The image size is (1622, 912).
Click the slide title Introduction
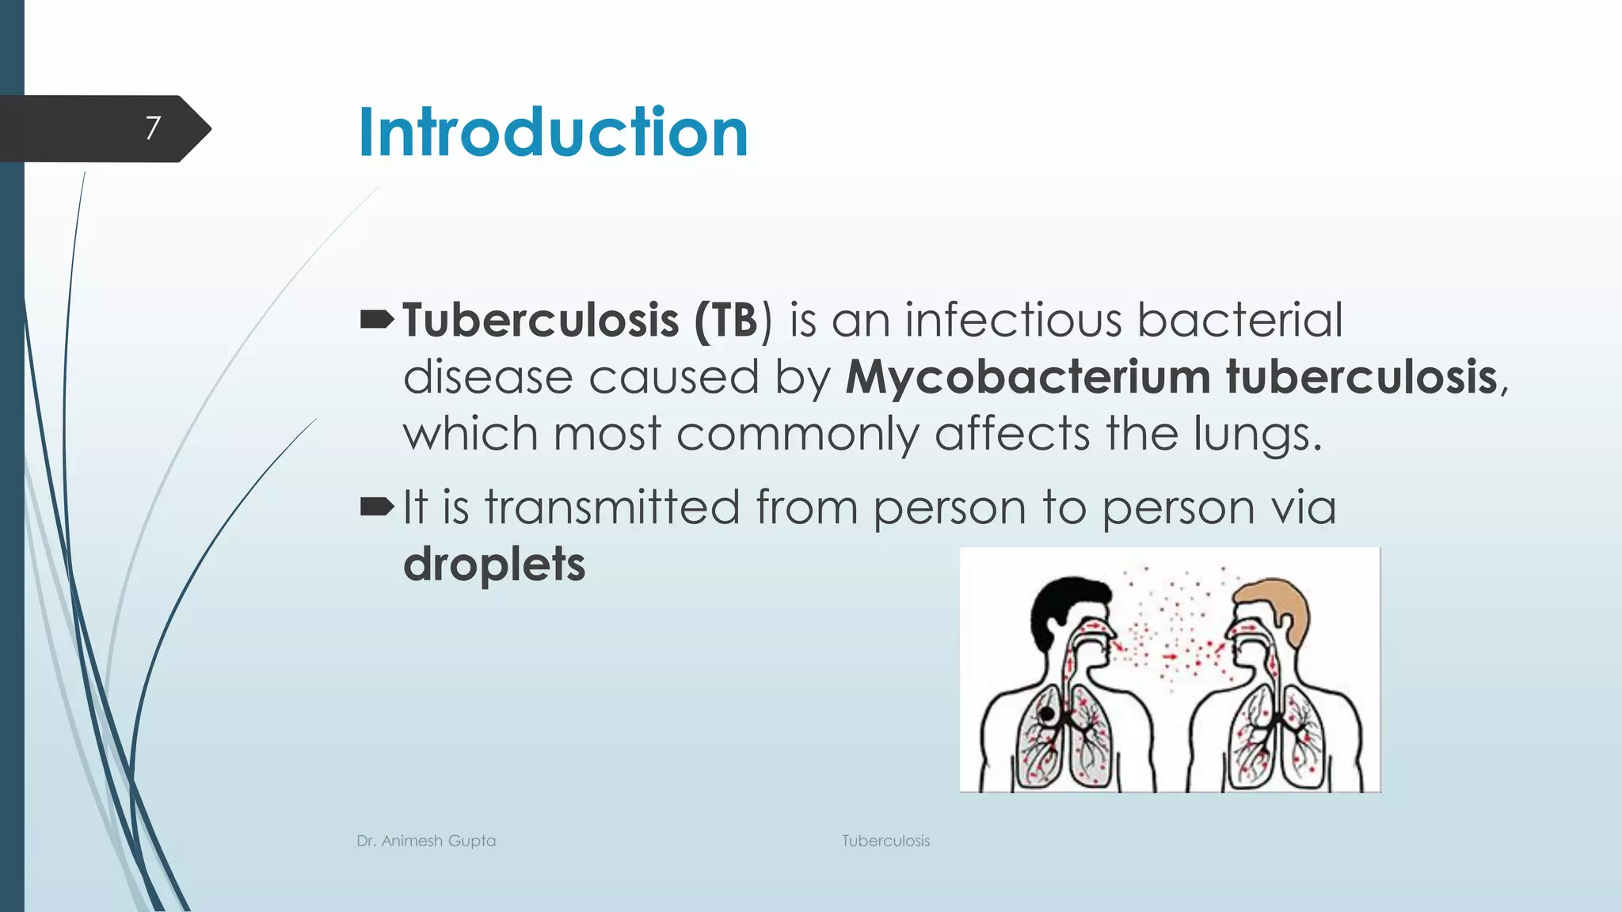tap(553, 132)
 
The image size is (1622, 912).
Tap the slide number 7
tap(153, 128)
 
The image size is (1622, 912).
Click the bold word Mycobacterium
tap(1027, 377)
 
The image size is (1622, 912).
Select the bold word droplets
tap(494, 564)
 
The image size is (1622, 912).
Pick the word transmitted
tap(612, 507)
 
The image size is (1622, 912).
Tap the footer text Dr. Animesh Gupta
tap(426, 841)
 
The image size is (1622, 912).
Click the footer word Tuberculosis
tap(885, 841)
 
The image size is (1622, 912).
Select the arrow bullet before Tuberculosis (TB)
tap(377, 320)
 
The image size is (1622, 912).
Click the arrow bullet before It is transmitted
tap(377, 507)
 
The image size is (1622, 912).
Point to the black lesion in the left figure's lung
tap(1047, 714)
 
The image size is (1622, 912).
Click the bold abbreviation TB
tap(735, 320)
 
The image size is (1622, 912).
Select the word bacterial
tap(1239, 320)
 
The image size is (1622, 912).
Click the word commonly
tap(797, 435)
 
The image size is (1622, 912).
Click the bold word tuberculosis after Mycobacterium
tap(1361, 377)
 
